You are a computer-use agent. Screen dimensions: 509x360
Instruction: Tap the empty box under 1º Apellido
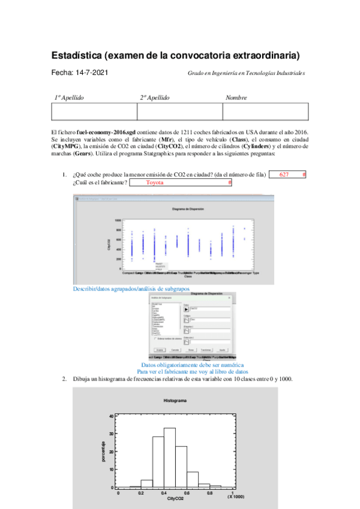94,112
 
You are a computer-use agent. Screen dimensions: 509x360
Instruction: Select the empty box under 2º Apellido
179,112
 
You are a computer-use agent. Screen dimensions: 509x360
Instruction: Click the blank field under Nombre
265,112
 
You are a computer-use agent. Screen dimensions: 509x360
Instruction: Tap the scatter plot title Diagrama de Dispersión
188,208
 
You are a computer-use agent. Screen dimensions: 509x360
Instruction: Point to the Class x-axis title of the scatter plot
187,277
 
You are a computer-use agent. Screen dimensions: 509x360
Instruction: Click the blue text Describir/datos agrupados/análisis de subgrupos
131,289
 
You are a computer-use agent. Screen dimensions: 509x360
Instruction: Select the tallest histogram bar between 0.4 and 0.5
170,457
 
